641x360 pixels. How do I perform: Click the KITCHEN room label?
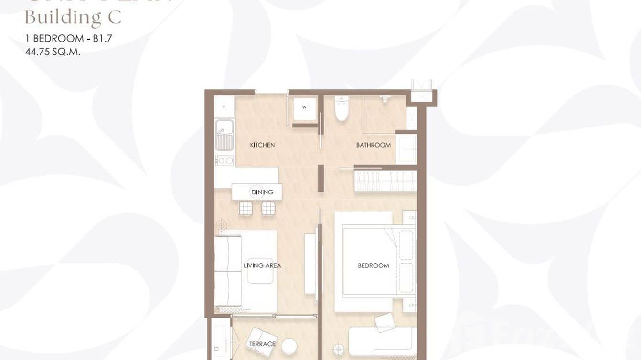coord(262,145)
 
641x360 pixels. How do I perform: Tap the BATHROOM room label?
coord(373,145)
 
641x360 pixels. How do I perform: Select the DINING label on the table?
coord(262,192)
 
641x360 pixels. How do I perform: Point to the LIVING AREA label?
coord(262,265)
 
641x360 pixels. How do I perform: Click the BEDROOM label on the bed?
coord(373,265)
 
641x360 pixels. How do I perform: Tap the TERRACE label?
coord(262,344)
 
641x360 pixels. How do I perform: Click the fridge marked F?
coord(224,106)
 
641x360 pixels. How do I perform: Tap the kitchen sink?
coord(224,135)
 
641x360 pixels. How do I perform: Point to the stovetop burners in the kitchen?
coord(224,161)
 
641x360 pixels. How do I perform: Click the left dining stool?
coord(245,208)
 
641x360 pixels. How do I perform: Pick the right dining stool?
coord(268,208)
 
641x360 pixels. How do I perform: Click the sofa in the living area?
coord(228,271)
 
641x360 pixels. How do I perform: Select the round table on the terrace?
coord(289,345)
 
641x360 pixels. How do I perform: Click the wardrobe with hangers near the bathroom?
coord(385,180)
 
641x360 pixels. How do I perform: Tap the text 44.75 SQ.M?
coord(53,52)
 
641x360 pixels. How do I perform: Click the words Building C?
coord(73,18)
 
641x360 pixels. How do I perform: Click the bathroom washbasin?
coord(406,149)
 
